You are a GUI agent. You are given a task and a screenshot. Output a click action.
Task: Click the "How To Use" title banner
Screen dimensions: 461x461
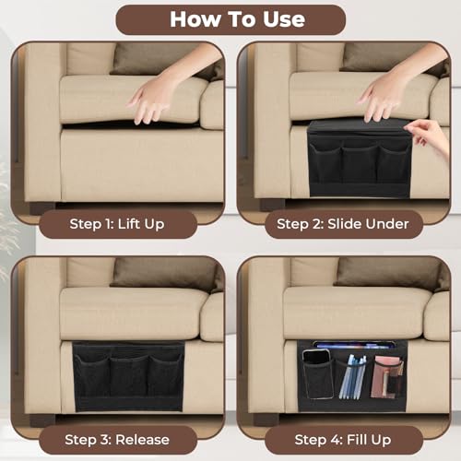tap(230, 19)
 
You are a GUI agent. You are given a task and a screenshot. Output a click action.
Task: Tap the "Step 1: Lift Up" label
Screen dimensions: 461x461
tap(118, 223)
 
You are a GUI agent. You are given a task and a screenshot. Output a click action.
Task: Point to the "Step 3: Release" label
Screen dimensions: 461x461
tap(117, 439)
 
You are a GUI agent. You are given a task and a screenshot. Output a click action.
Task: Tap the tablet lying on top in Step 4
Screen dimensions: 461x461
tap(355, 347)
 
